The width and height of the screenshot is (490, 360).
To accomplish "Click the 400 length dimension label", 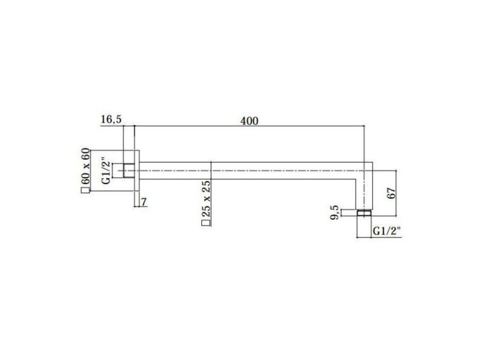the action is click(249, 121).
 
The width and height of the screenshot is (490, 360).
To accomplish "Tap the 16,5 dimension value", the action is click(111, 119).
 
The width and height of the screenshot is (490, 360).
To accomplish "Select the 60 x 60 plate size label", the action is click(85, 166).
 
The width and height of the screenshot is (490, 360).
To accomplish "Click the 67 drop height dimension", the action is click(392, 193).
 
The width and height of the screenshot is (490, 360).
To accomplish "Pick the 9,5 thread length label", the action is click(334, 212).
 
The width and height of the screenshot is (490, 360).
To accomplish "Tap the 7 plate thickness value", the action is click(144, 203).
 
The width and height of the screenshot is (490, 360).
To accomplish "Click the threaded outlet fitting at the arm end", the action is click(364, 213).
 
